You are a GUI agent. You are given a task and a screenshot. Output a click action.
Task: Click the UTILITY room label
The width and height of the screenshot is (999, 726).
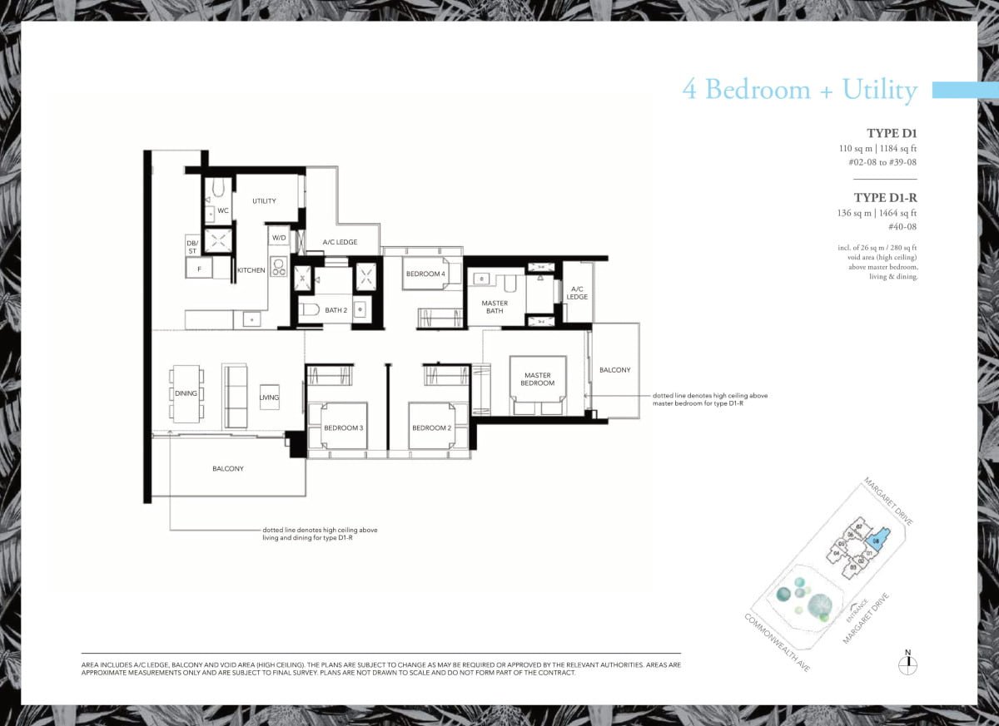tap(264, 201)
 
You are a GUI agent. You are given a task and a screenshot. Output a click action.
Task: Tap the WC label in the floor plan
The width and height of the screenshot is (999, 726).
tap(223, 210)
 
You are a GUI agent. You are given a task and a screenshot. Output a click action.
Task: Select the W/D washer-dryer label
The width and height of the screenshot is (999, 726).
tap(279, 238)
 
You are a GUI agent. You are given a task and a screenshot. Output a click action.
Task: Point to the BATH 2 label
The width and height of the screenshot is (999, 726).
tap(335, 310)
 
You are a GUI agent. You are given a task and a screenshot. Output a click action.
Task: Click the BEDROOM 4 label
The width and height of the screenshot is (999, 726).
tap(425, 274)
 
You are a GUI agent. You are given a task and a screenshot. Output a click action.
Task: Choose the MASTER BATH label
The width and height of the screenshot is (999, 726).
tap(495, 308)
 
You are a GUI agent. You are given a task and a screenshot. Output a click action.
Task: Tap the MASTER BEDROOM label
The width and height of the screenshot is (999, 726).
tap(538, 379)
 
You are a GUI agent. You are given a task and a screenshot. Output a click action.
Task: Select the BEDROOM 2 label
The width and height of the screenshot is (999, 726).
tap(431, 427)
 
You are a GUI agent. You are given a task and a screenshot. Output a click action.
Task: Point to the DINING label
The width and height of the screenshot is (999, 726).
tap(186, 393)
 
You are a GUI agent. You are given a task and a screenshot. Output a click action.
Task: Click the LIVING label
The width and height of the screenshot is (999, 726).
tap(269, 398)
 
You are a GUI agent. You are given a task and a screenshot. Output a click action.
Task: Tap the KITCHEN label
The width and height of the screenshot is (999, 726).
tap(251, 270)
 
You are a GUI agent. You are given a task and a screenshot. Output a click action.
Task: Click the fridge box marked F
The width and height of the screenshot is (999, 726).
tap(198, 269)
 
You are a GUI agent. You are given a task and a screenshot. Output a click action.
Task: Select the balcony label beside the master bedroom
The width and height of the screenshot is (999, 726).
tap(614, 370)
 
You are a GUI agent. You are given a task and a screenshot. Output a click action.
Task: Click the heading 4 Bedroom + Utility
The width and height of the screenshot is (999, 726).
tap(799, 89)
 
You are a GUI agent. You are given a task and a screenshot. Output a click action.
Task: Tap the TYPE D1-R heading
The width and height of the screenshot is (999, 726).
tap(885, 197)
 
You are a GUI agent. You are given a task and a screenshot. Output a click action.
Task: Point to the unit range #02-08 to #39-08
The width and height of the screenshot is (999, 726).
tap(882, 162)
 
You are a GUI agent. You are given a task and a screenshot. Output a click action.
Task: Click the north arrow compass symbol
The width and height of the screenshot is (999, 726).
tap(908, 664)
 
